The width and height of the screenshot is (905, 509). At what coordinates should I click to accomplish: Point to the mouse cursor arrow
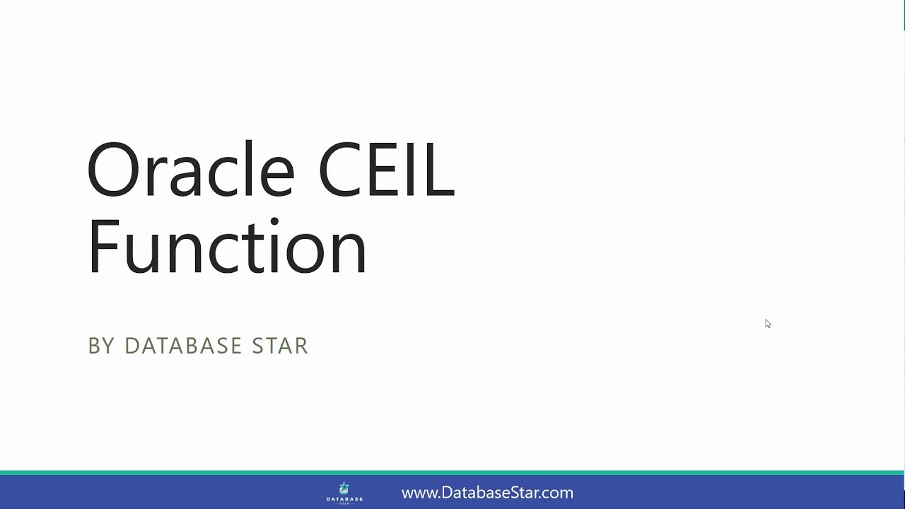click(767, 323)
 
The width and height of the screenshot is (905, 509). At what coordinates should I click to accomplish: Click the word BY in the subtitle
click(100, 346)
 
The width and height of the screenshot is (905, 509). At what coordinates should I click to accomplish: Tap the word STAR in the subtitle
click(280, 346)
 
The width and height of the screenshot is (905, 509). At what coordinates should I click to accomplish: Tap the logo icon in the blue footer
click(344, 488)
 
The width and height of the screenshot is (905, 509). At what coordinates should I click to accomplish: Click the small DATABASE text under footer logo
click(344, 498)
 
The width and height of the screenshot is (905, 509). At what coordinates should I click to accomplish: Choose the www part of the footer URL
click(418, 493)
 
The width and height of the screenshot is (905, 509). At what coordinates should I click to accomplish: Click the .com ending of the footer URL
click(557, 493)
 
